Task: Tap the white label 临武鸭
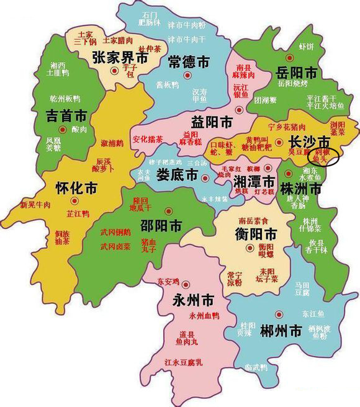(x=255, y=367)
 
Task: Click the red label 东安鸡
(x=169, y=281)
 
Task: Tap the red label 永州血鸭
(x=204, y=316)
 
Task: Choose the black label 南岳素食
(x=236, y=220)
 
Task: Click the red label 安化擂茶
(x=148, y=138)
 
